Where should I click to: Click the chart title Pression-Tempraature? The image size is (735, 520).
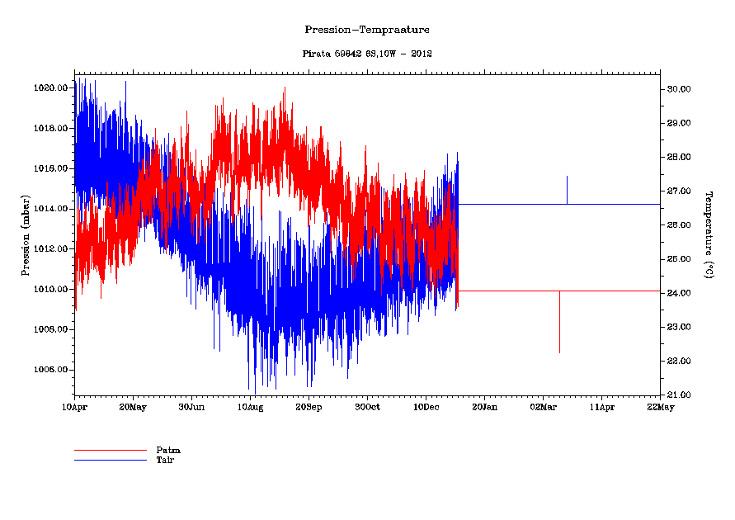tap(367, 30)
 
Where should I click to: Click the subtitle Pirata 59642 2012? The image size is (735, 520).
tap(367, 54)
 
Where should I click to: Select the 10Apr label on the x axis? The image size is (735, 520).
tap(74, 407)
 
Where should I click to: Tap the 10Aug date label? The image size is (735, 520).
tap(250, 407)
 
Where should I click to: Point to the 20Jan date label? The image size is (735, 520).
tap(484, 407)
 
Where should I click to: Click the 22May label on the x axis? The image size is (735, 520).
tap(660, 407)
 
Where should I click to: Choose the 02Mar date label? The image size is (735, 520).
tap(543, 407)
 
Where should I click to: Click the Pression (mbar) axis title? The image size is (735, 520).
tap(26, 234)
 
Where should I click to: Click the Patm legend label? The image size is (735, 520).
tap(167, 450)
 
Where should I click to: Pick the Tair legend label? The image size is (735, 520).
tap(165, 459)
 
